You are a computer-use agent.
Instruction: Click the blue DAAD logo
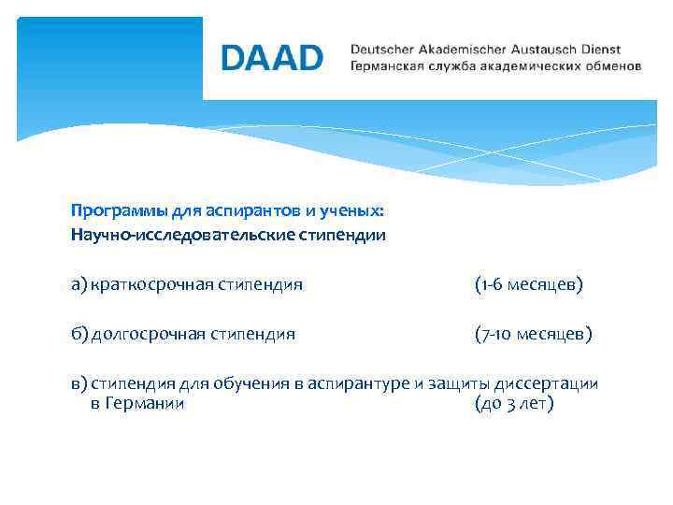tap(272, 58)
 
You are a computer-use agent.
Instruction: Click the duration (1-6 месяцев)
tap(528, 283)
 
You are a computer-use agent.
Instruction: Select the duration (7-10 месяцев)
tap(533, 333)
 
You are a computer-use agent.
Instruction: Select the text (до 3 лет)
tap(515, 404)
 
